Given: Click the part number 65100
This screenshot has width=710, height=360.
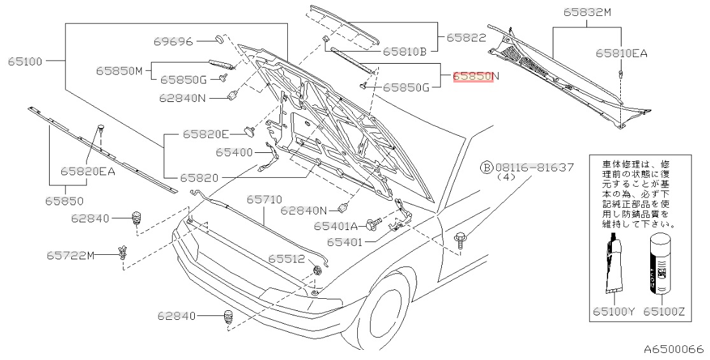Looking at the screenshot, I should tap(25, 62).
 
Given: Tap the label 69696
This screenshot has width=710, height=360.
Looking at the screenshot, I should tap(173, 41).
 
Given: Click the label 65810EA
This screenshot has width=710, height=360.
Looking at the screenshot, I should tap(621, 54).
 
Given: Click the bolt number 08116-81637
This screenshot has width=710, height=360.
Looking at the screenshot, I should tap(536, 168).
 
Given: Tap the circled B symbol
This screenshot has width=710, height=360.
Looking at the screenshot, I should tap(486, 168).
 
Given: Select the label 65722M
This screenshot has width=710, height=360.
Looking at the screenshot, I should tap(70, 256).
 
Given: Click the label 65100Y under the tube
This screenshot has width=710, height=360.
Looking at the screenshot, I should tap(614, 312).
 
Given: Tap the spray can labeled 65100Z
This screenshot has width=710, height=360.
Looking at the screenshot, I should tap(660, 264).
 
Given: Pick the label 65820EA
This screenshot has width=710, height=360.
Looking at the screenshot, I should tap(88, 171).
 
